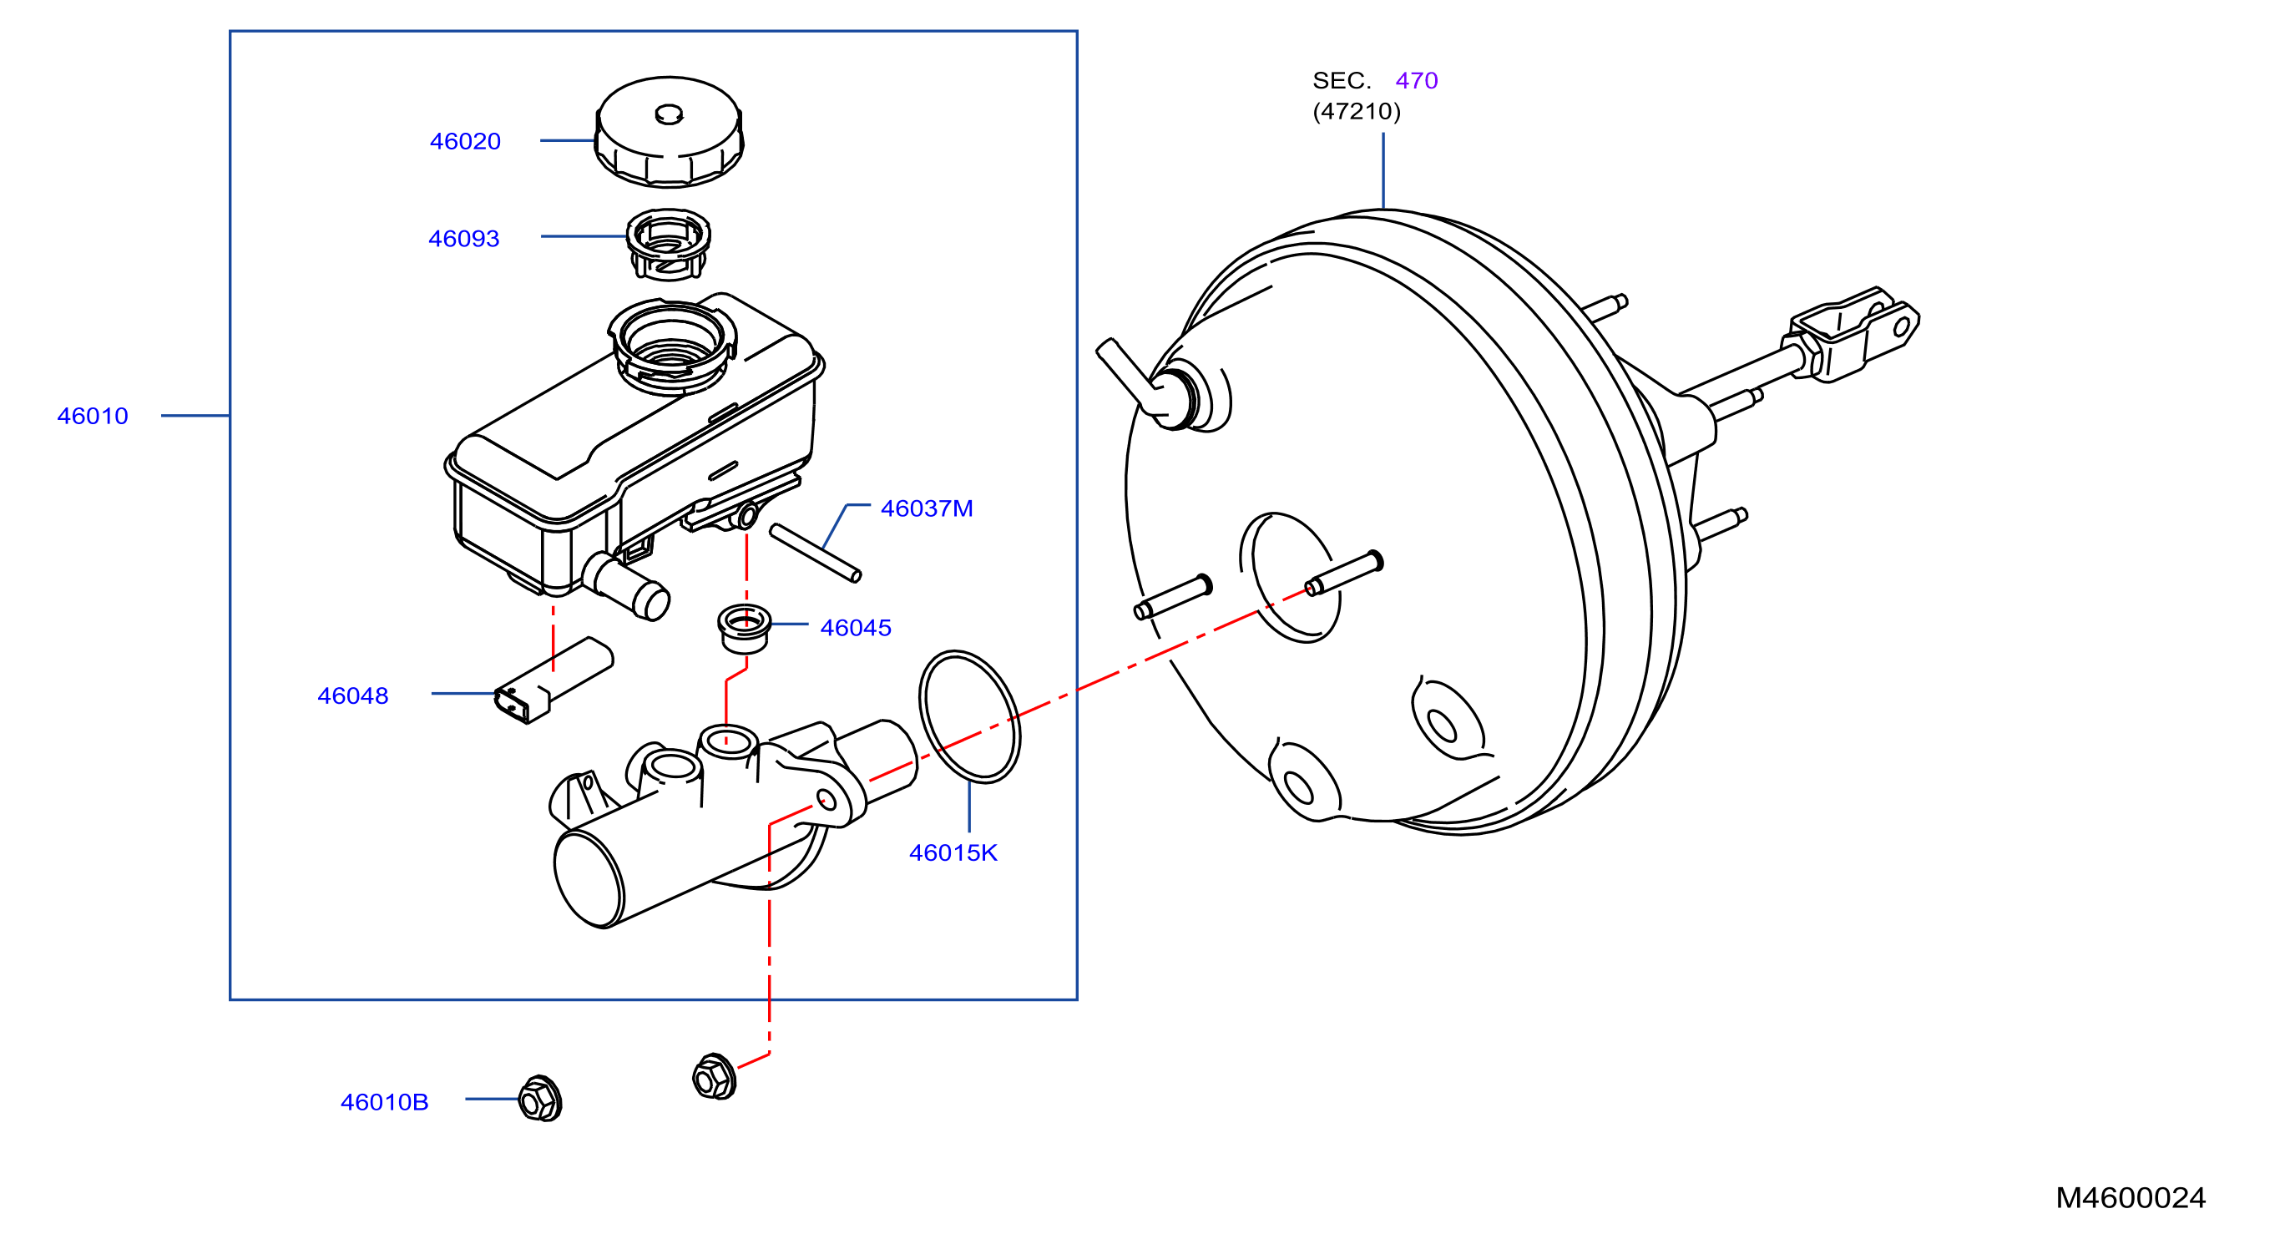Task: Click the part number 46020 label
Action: [465, 142]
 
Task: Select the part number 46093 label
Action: [463, 239]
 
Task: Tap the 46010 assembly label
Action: [93, 416]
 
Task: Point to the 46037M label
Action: [927, 508]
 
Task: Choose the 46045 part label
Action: [855, 628]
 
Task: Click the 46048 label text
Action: [353, 695]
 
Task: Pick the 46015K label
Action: [953, 853]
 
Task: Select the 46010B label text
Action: [384, 1103]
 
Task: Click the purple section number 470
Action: [1417, 81]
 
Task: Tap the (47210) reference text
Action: [1356, 111]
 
